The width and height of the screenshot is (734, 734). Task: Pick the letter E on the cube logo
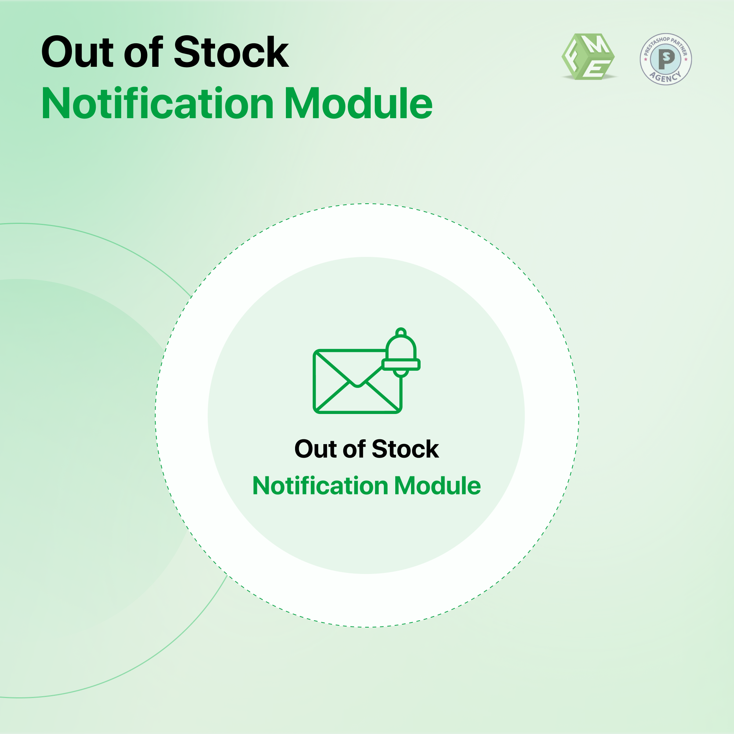(596, 69)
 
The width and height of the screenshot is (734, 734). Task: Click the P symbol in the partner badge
(666, 59)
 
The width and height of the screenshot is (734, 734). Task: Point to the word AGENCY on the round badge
(666, 77)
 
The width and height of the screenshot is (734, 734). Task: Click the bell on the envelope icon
(401, 352)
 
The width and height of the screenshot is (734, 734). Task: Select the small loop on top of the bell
(401, 332)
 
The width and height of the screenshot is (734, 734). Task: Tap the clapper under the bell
(401, 374)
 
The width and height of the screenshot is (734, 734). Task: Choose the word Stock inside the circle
(406, 449)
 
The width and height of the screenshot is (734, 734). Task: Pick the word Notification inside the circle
(320, 486)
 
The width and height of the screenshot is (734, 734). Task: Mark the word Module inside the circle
(438, 486)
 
